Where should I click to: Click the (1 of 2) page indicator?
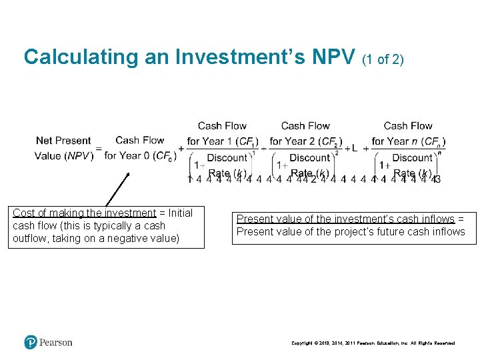(x=383, y=59)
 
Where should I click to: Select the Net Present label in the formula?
(x=63, y=141)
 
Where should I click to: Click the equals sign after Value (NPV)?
(x=99, y=149)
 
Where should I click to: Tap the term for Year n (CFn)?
(x=408, y=142)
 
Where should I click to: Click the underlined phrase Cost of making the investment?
(x=84, y=213)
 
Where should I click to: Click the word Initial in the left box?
(x=179, y=213)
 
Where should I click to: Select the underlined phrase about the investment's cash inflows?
(x=345, y=219)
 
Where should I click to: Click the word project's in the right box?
(x=370, y=232)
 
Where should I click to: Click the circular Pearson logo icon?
(x=31, y=343)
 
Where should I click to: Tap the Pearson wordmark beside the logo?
(x=55, y=343)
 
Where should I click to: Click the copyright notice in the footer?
(x=373, y=343)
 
